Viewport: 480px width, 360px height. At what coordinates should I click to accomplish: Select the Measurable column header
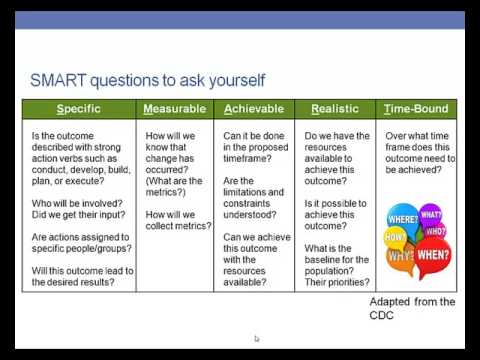pyautogui.click(x=175, y=109)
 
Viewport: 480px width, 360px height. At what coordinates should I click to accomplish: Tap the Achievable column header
pyautogui.click(x=254, y=109)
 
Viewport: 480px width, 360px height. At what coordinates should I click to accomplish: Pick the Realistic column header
pyautogui.click(x=335, y=109)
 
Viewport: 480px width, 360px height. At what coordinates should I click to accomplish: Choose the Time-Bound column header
pyautogui.click(x=416, y=109)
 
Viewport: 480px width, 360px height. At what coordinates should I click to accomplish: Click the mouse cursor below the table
pyautogui.click(x=257, y=339)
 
